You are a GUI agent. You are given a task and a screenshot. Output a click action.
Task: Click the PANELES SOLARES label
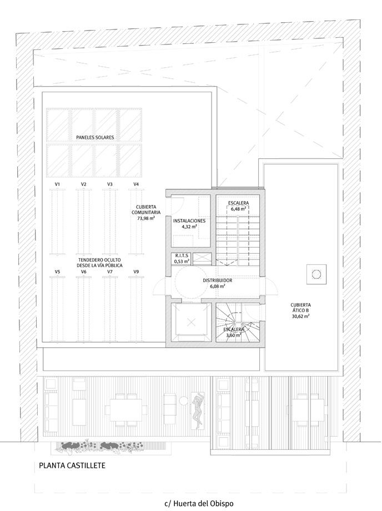pos(95,138)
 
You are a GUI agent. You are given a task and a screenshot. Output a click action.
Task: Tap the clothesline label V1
pos(57,184)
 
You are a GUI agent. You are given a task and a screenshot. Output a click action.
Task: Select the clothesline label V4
pos(136,184)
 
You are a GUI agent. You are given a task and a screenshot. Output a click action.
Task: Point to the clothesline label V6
pos(84,272)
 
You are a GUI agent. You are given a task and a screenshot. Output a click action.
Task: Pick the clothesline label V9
pos(136,272)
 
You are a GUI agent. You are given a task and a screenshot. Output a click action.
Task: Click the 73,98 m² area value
pos(146,218)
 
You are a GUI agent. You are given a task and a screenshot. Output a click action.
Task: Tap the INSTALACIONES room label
pos(189,221)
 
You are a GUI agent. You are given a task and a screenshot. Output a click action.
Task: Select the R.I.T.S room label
pos(182,256)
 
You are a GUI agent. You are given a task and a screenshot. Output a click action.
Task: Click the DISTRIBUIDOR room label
pos(218,280)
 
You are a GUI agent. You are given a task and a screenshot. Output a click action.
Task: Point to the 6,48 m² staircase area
pos(238,209)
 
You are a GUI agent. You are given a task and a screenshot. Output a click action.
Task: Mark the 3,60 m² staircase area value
pos(234,335)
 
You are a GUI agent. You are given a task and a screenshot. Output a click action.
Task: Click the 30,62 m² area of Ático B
pos(300,316)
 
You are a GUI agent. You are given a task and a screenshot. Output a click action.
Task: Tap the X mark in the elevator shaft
pos(192,323)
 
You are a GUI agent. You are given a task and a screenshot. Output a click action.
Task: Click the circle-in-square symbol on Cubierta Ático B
pos(316,274)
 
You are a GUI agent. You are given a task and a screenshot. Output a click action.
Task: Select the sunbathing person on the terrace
pos(197,409)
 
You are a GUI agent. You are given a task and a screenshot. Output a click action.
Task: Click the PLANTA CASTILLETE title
pos(72,465)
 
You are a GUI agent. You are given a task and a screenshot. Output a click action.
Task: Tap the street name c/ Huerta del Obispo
pos(199,503)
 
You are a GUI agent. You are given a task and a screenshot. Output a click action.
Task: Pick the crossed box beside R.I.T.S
pos(201,259)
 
